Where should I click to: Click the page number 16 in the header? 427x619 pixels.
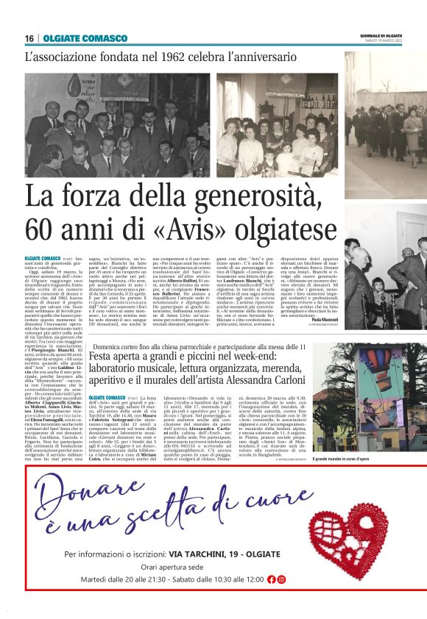tap(29, 38)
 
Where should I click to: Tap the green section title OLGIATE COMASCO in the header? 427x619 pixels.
tap(85, 38)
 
